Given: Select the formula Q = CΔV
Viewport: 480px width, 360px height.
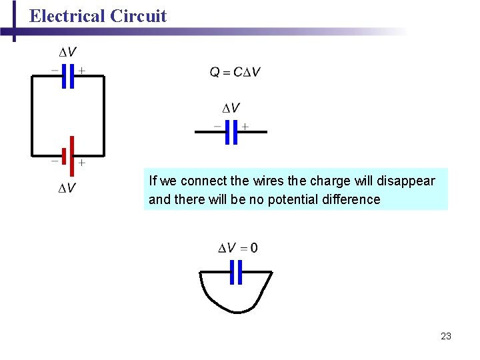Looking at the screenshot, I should click(x=235, y=72).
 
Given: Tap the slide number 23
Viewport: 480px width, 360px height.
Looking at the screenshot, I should click(x=446, y=336).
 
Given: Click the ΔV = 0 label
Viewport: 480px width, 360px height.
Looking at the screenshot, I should click(x=238, y=249).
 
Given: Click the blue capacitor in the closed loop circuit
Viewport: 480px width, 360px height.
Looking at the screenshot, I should click(x=67, y=76).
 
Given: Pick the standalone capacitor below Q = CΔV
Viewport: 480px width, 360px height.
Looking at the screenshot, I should click(x=231, y=132).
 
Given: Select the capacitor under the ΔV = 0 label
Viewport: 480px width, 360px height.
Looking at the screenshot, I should click(x=235, y=272).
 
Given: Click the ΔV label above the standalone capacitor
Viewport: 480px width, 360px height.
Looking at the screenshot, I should click(x=231, y=108).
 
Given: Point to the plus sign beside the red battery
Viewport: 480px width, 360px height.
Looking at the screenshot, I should click(x=81, y=163).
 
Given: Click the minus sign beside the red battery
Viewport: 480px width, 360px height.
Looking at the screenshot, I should click(x=54, y=161).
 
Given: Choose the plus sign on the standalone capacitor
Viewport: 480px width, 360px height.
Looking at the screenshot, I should click(x=245, y=126).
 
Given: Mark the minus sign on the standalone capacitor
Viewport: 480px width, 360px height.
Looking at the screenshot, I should click(x=217, y=125).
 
